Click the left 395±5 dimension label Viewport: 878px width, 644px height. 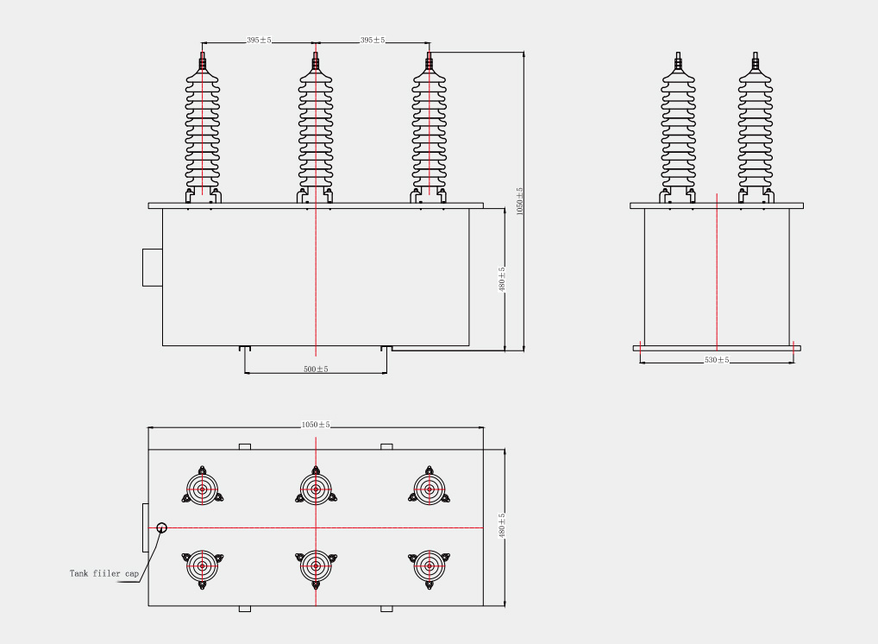[x=259, y=41]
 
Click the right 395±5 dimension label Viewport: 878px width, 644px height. [x=373, y=41]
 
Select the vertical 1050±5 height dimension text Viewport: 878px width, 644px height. [x=519, y=201]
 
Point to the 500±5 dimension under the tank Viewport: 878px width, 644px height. [x=316, y=369]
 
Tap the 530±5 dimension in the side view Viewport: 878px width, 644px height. [x=717, y=360]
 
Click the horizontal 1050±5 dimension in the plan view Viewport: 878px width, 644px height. [x=316, y=425]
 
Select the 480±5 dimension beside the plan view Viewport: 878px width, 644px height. [x=502, y=526]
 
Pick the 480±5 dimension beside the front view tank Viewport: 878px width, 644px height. [x=502, y=279]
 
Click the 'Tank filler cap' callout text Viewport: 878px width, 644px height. [x=104, y=573]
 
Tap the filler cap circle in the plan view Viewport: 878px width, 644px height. [x=161, y=527]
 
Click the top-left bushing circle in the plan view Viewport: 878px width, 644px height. [x=203, y=489]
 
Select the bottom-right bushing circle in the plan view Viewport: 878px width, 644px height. [x=430, y=566]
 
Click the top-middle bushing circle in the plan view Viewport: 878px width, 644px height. [x=316, y=489]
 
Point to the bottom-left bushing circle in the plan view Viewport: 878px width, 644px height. [x=203, y=566]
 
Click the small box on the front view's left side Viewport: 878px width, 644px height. [x=153, y=267]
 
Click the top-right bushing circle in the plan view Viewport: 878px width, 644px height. [x=430, y=489]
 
